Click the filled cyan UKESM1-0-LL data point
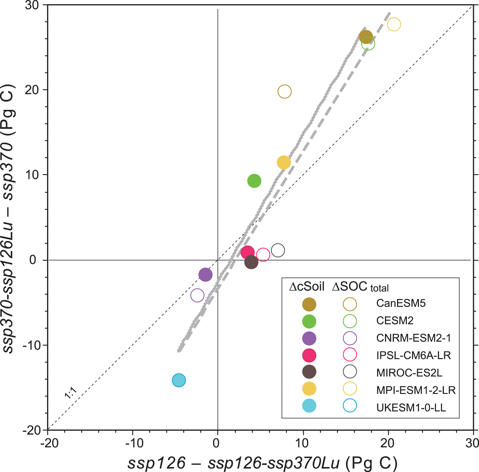click(x=179, y=380)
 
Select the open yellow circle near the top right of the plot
click(x=394, y=24)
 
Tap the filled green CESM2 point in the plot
click(x=254, y=181)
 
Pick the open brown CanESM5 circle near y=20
click(x=285, y=91)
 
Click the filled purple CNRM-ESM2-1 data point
click(x=205, y=274)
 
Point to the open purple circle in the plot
click(x=197, y=295)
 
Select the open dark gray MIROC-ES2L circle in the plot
click(x=278, y=250)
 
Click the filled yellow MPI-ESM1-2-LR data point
click(x=283, y=162)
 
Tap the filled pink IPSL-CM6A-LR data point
click(x=247, y=252)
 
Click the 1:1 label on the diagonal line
click(x=71, y=393)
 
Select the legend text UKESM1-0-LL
click(x=411, y=408)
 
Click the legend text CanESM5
click(x=401, y=303)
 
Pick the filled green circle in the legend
click(x=309, y=321)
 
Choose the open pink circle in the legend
click(x=350, y=354)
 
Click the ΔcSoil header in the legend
click(x=307, y=287)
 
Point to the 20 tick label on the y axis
click(x=32, y=90)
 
